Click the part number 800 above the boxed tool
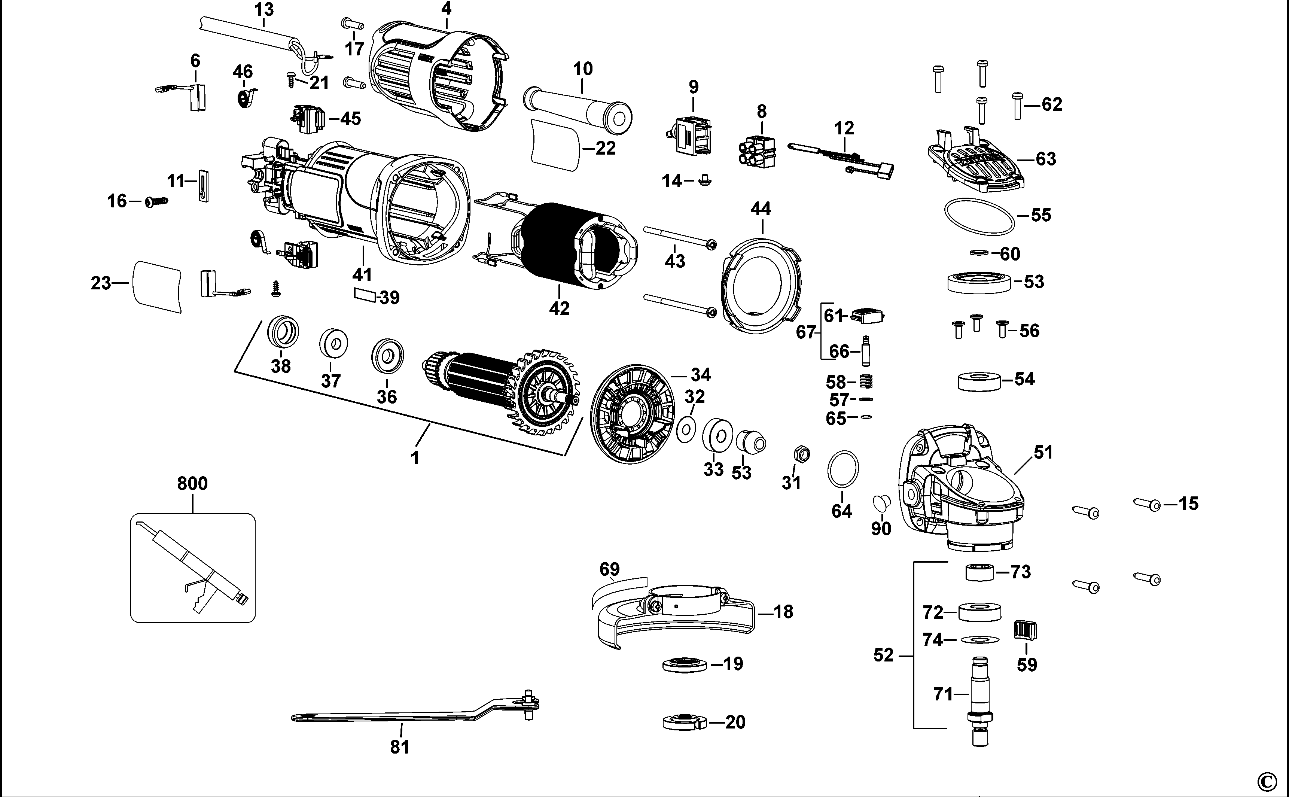[x=192, y=483]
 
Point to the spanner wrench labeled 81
[x=411, y=715]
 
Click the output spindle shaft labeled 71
[x=980, y=696]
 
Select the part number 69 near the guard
[x=609, y=570]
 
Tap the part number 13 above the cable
[x=263, y=9]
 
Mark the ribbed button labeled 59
[x=1026, y=630]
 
